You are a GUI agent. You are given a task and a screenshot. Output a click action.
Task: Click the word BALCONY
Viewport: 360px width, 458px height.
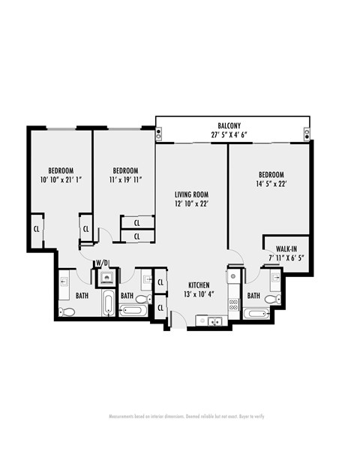[229, 125]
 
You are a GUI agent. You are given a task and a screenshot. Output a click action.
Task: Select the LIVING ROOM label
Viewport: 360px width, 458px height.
[190, 193]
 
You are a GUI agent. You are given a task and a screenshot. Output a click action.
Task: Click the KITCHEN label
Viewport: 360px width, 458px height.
[199, 285]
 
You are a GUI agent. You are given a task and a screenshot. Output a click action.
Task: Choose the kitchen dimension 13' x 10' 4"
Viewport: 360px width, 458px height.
[199, 294]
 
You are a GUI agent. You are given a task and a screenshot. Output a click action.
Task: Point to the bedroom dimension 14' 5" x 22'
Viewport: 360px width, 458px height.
[271, 182]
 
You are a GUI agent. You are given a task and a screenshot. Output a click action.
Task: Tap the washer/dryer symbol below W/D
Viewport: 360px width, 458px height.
[105, 276]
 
